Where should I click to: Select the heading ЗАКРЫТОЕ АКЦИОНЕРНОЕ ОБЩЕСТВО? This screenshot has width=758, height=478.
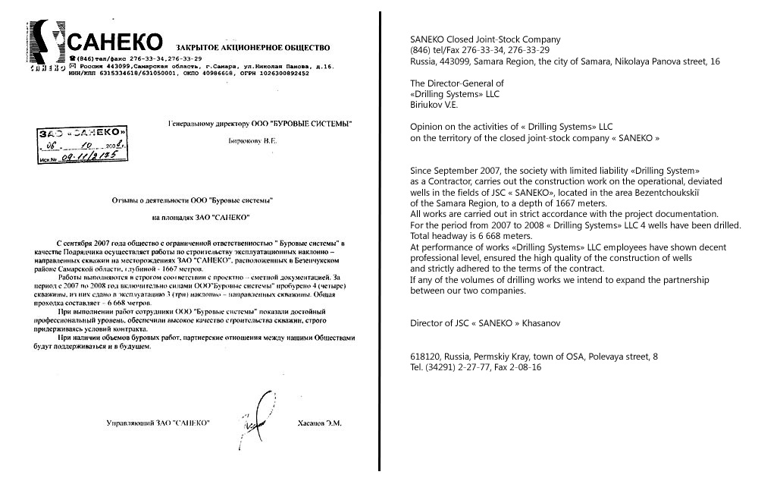(x=242, y=47)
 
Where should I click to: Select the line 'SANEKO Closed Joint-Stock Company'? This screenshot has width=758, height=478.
(x=485, y=39)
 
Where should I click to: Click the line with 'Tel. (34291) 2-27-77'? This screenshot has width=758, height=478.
(x=475, y=367)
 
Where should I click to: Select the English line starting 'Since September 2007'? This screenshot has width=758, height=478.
(x=555, y=171)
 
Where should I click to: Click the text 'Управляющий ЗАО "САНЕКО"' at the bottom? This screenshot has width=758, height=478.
(x=158, y=423)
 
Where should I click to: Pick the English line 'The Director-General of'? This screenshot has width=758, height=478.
(x=456, y=83)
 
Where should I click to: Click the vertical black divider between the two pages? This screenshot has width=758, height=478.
(x=380, y=239)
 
